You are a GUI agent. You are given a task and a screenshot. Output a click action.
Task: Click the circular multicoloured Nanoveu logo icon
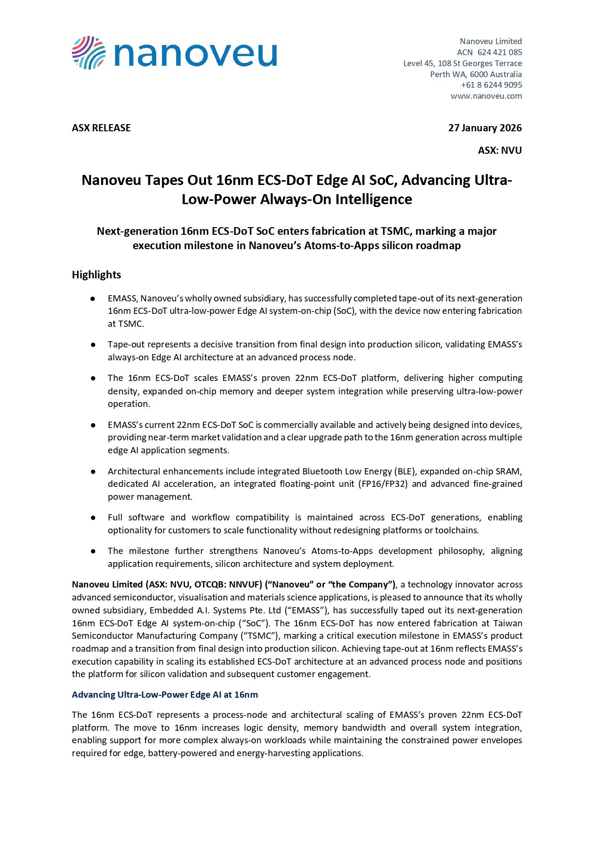(x=89, y=53)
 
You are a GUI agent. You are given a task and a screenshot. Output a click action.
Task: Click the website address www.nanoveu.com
(x=486, y=96)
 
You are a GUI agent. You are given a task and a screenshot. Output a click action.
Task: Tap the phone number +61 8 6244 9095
(x=491, y=85)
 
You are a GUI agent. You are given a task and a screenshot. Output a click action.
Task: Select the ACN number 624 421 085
(x=500, y=52)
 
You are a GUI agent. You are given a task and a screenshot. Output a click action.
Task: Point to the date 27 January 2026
(x=485, y=128)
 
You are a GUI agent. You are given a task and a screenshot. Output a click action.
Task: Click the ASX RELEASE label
(x=101, y=128)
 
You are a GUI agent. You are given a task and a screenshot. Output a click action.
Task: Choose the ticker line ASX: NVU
(x=500, y=150)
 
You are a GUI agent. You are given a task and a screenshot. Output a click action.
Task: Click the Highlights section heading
(x=96, y=275)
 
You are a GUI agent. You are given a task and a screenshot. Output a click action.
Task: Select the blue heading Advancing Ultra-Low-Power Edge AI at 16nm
(x=165, y=695)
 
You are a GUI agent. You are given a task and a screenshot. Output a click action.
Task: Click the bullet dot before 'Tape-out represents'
(x=93, y=345)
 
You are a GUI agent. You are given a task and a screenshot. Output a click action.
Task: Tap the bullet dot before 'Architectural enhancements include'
(x=93, y=472)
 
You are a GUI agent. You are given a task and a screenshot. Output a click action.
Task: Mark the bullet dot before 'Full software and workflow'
(x=93, y=518)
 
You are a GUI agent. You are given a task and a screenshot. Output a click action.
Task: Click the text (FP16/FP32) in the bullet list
(x=383, y=484)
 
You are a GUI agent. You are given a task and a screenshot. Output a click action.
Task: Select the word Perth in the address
(x=440, y=74)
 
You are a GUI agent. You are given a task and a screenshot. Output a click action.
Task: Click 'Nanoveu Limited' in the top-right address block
(x=491, y=41)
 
